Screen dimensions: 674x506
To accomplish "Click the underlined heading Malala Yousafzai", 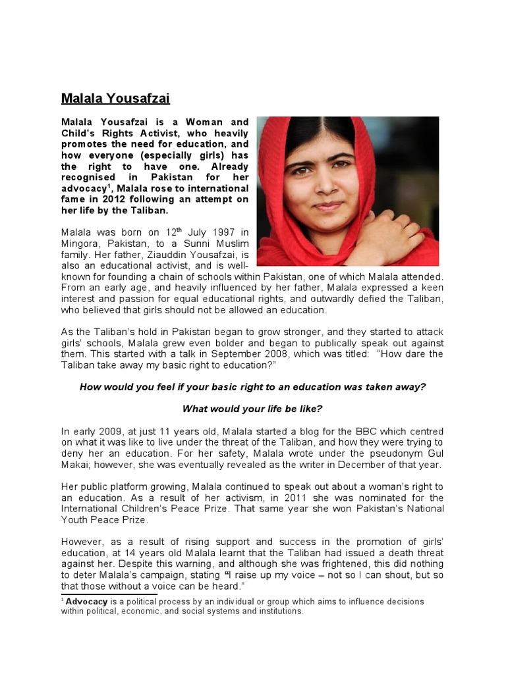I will click(x=115, y=99).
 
